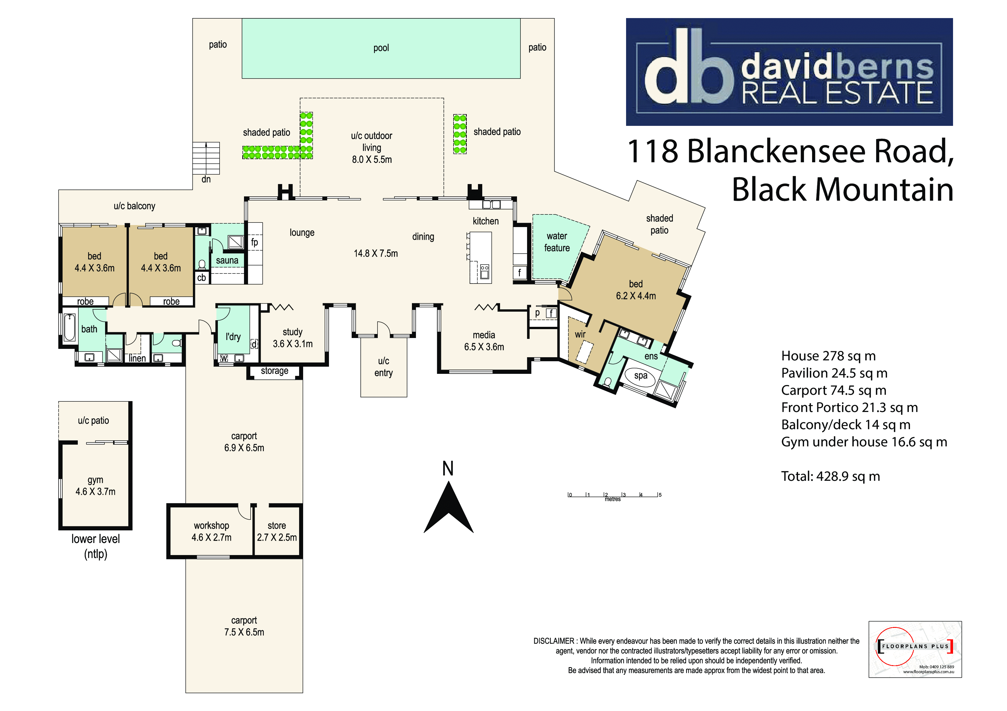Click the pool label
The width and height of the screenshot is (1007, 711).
coord(381,48)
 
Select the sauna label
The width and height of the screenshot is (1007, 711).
coord(227,260)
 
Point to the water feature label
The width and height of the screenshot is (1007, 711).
coord(557,242)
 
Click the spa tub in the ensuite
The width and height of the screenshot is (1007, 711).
coord(641,376)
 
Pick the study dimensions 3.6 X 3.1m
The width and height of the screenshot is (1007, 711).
coord(293,344)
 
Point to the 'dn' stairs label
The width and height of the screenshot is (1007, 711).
coord(206,179)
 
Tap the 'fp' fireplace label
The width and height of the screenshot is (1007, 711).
coord(254,242)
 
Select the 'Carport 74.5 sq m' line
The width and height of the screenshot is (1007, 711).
coord(834,390)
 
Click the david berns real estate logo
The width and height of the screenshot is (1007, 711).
coord(789,72)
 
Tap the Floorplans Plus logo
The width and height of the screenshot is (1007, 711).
coord(915,649)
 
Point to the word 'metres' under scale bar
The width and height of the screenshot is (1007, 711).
coord(613,499)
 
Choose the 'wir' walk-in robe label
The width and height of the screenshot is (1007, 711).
coord(580,334)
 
